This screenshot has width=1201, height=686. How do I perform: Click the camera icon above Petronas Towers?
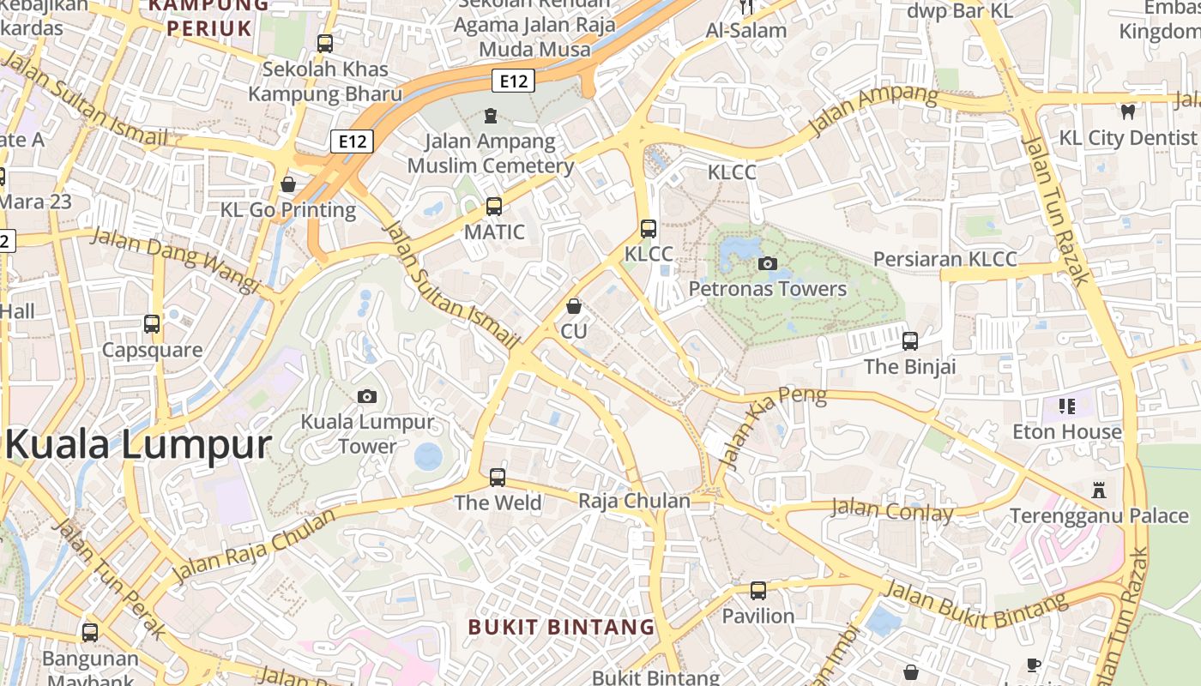768,263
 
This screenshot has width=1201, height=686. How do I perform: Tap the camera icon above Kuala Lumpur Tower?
367,396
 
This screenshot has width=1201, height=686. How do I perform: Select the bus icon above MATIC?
494,207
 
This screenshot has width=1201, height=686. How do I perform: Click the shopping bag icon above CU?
574,306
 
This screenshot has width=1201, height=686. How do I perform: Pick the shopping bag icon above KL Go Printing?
288,184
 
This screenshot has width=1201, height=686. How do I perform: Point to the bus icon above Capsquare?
152,324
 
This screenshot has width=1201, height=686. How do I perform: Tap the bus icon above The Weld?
498,478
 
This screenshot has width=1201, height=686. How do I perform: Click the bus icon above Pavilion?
758,591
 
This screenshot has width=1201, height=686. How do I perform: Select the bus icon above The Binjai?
910,341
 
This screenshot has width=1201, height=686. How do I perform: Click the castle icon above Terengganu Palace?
1099,490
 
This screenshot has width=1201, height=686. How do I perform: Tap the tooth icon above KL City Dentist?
1128,111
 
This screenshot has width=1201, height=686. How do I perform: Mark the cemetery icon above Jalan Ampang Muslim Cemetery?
491,115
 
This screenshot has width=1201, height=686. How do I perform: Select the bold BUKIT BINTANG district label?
561,627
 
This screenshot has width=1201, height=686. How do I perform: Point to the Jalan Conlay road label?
892,511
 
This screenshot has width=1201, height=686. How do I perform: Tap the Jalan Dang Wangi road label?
174,258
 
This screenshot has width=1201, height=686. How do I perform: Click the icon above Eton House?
1067,406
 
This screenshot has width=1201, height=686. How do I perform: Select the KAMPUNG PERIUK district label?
209,17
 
